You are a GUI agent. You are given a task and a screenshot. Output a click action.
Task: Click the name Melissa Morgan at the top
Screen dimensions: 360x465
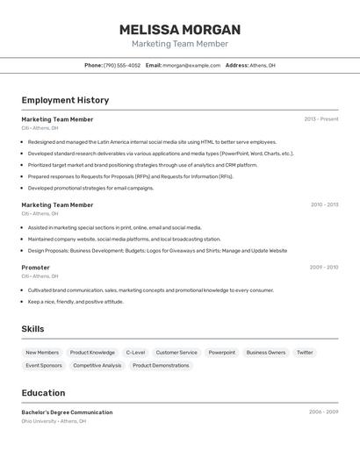180,30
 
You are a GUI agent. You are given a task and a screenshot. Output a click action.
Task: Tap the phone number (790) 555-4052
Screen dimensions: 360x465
122,65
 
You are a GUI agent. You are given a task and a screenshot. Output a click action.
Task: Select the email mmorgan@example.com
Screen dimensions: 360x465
191,65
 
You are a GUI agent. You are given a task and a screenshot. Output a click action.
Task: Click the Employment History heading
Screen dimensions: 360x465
65,100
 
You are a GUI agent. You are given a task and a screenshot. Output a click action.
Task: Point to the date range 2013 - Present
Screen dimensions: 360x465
321,119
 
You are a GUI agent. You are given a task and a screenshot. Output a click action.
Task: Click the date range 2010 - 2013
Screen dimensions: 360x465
324,204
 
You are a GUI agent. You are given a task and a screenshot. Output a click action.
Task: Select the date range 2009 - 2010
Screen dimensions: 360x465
324,268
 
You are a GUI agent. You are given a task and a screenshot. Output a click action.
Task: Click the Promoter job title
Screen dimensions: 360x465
36,268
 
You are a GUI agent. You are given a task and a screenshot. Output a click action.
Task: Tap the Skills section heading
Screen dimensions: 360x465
33,329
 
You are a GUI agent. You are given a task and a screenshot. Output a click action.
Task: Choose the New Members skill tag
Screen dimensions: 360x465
42,353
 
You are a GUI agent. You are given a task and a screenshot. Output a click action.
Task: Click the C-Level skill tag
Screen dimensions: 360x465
135,353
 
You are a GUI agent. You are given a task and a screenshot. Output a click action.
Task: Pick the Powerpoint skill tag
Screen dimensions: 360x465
221,353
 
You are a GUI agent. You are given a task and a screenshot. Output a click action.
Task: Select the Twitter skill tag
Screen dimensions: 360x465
305,353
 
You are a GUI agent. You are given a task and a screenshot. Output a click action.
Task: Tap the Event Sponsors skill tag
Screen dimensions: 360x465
44,365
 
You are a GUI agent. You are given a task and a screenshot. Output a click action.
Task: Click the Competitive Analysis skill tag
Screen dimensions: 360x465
97,365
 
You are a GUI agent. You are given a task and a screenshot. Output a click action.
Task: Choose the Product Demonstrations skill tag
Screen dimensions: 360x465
161,365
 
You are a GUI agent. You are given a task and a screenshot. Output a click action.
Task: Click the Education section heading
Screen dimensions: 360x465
44,393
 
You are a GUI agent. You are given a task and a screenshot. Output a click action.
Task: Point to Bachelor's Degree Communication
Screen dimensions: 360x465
68,412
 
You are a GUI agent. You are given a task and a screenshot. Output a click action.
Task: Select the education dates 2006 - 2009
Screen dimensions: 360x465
323,411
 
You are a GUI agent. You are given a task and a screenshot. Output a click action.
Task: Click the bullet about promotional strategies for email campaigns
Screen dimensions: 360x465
90,188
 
